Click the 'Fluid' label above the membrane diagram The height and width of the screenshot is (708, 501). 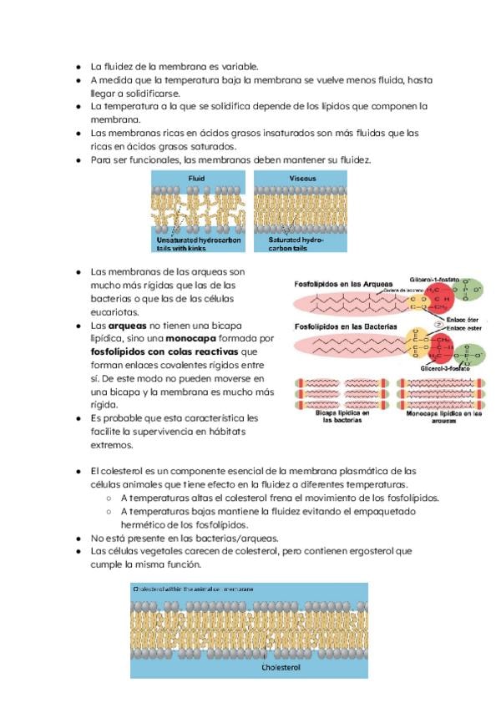point(196,179)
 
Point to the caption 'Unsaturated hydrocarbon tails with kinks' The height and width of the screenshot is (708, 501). point(199,243)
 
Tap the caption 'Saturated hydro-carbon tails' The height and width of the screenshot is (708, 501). point(295,243)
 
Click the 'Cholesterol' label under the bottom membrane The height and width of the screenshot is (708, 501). point(280,668)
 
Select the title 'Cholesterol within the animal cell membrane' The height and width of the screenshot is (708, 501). point(193,589)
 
